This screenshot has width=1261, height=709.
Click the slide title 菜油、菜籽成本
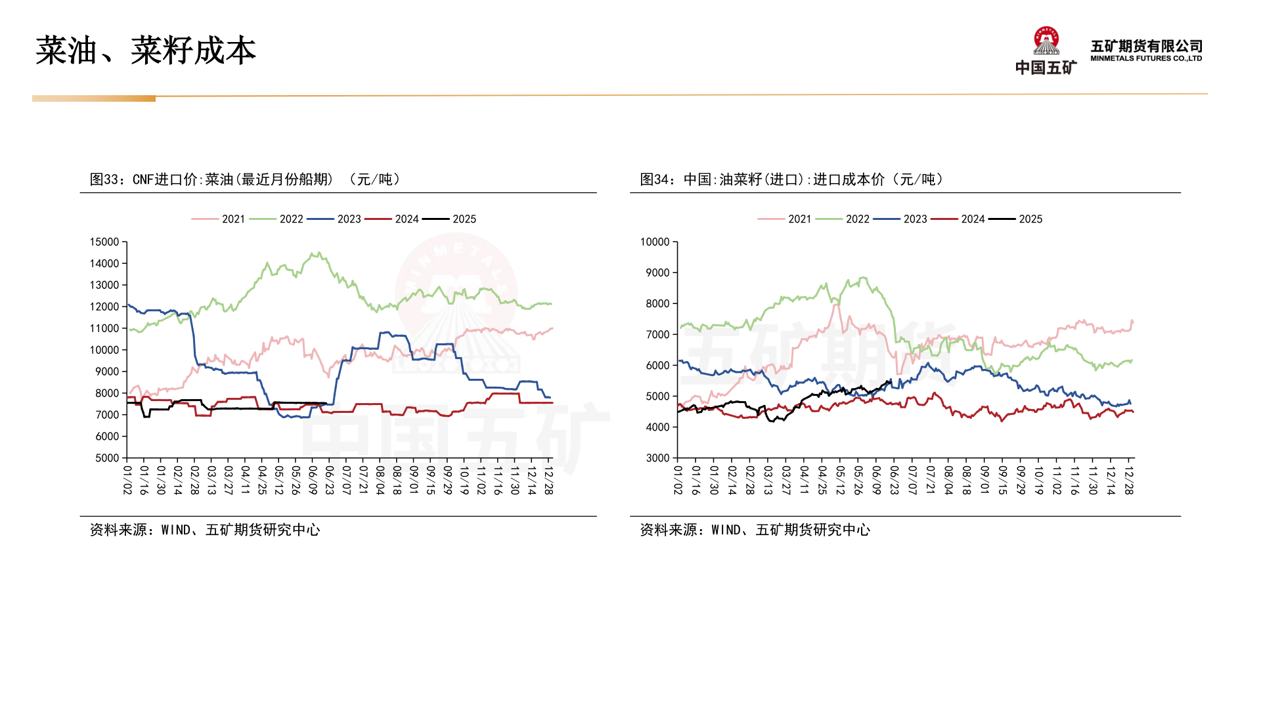pyautogui.click(x=145, y=51)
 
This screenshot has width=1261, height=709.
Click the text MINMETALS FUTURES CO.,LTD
pyautogui.click(x=1145, y=58)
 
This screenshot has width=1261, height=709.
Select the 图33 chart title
pyautogui.click(x=244, y=179)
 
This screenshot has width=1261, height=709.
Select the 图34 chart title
pyautogui.click(x=791, y=179)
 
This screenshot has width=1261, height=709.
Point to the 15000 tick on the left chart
pyautogui.click(x=104, y=242)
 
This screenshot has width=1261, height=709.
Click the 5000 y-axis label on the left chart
pyautogui.click(x=107, y=458)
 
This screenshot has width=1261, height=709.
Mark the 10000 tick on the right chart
pyautogui.click(x=655, y=242)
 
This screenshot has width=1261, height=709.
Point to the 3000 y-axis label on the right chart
pyautogui.click(x=657, y=458)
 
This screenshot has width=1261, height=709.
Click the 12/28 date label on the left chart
pyautogui.click(x=548, y=481)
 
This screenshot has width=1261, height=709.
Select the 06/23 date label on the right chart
pyautogui.click(x=894, y=481)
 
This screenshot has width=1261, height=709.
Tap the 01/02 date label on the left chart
pyautogui.click(x=127, y=481)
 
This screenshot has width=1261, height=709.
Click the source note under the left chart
pyautogui.click(x=205, y=530)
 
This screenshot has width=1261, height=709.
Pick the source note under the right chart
pyautogui.click(x=755, y=530)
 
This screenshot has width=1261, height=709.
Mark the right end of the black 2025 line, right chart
pyautogui.click(x=891, y=380)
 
